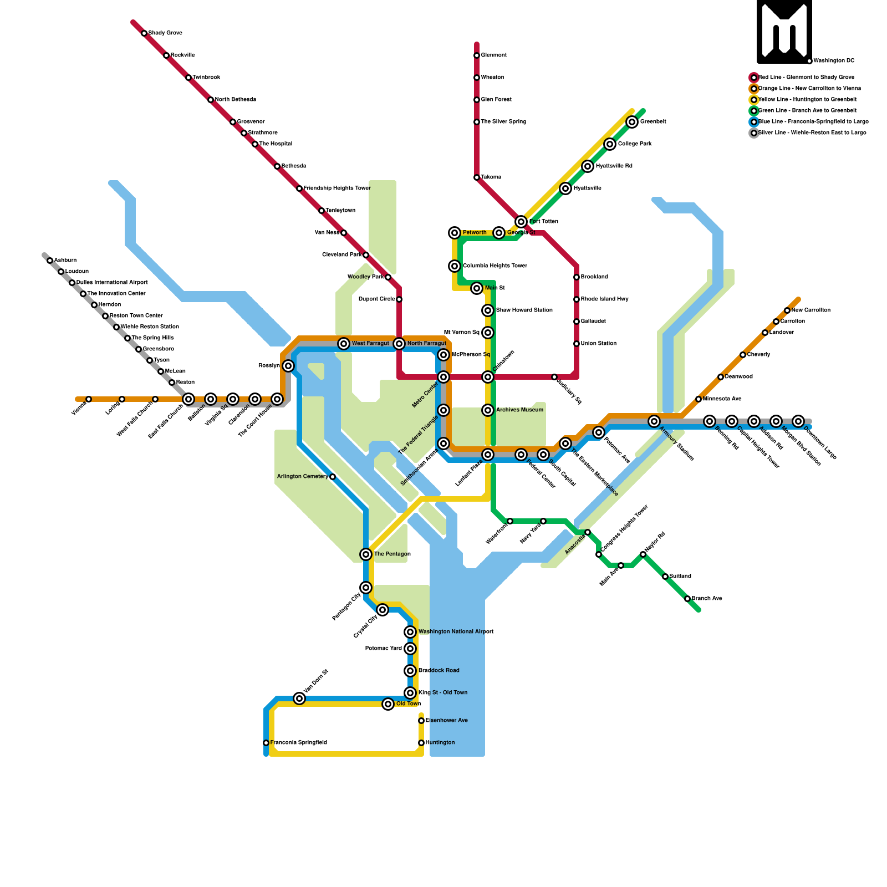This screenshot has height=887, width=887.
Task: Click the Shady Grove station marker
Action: (144, 33)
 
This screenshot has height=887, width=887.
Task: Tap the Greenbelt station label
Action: (653, 122)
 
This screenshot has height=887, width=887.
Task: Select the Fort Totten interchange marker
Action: (521, 222)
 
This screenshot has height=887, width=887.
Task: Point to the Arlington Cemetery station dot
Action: (333, 477)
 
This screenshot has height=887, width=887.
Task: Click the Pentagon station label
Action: (392, 554)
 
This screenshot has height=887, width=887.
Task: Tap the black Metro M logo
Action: (784, 31)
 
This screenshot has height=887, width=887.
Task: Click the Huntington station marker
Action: (421, 743)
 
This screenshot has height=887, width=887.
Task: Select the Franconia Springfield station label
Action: (298, 743)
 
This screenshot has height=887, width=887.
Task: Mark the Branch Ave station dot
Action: (687, 599)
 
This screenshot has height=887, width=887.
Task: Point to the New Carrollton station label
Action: (810, 310)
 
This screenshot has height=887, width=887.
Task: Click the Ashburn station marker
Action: (50, 261)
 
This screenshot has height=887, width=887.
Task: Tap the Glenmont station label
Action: (493, 55)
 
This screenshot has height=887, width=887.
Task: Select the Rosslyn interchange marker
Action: (288, 366)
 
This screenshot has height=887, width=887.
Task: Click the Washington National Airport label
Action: (456, 632)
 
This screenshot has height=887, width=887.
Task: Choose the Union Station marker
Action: (577, 344)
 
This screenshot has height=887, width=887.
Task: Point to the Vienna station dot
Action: (89, 399)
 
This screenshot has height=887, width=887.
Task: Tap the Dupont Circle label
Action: (377, 299)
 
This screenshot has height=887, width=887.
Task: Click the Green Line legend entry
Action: (807, 111)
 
